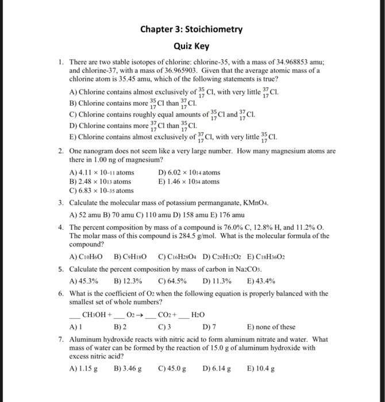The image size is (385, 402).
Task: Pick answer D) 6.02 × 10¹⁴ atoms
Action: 188,172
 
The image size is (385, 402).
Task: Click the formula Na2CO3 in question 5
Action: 238,268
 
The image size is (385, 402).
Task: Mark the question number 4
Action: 61,227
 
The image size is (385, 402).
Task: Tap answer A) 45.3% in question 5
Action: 83,281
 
